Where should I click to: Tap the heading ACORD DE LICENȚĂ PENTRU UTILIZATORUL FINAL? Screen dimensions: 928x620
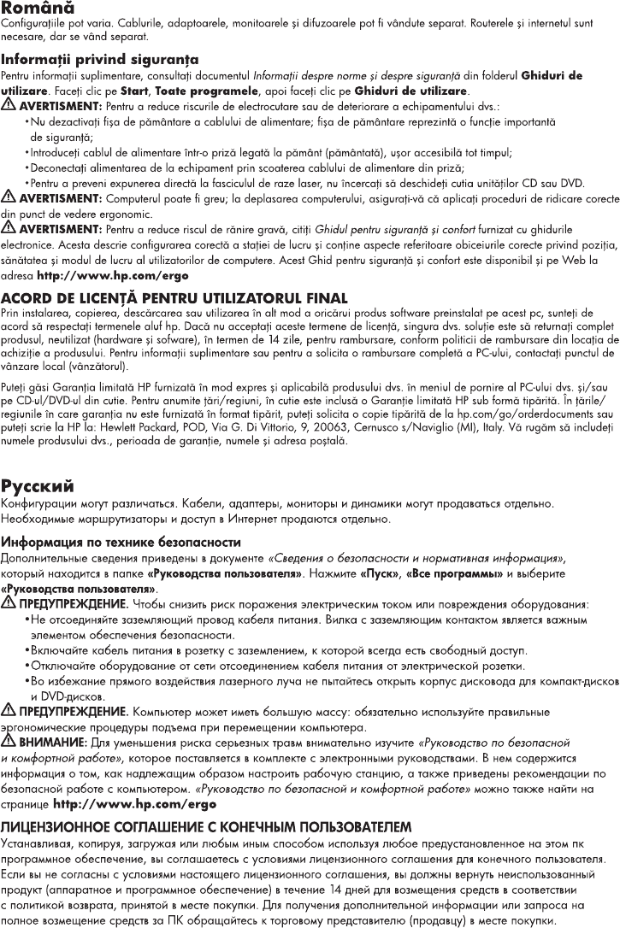click(x=174, y=297)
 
